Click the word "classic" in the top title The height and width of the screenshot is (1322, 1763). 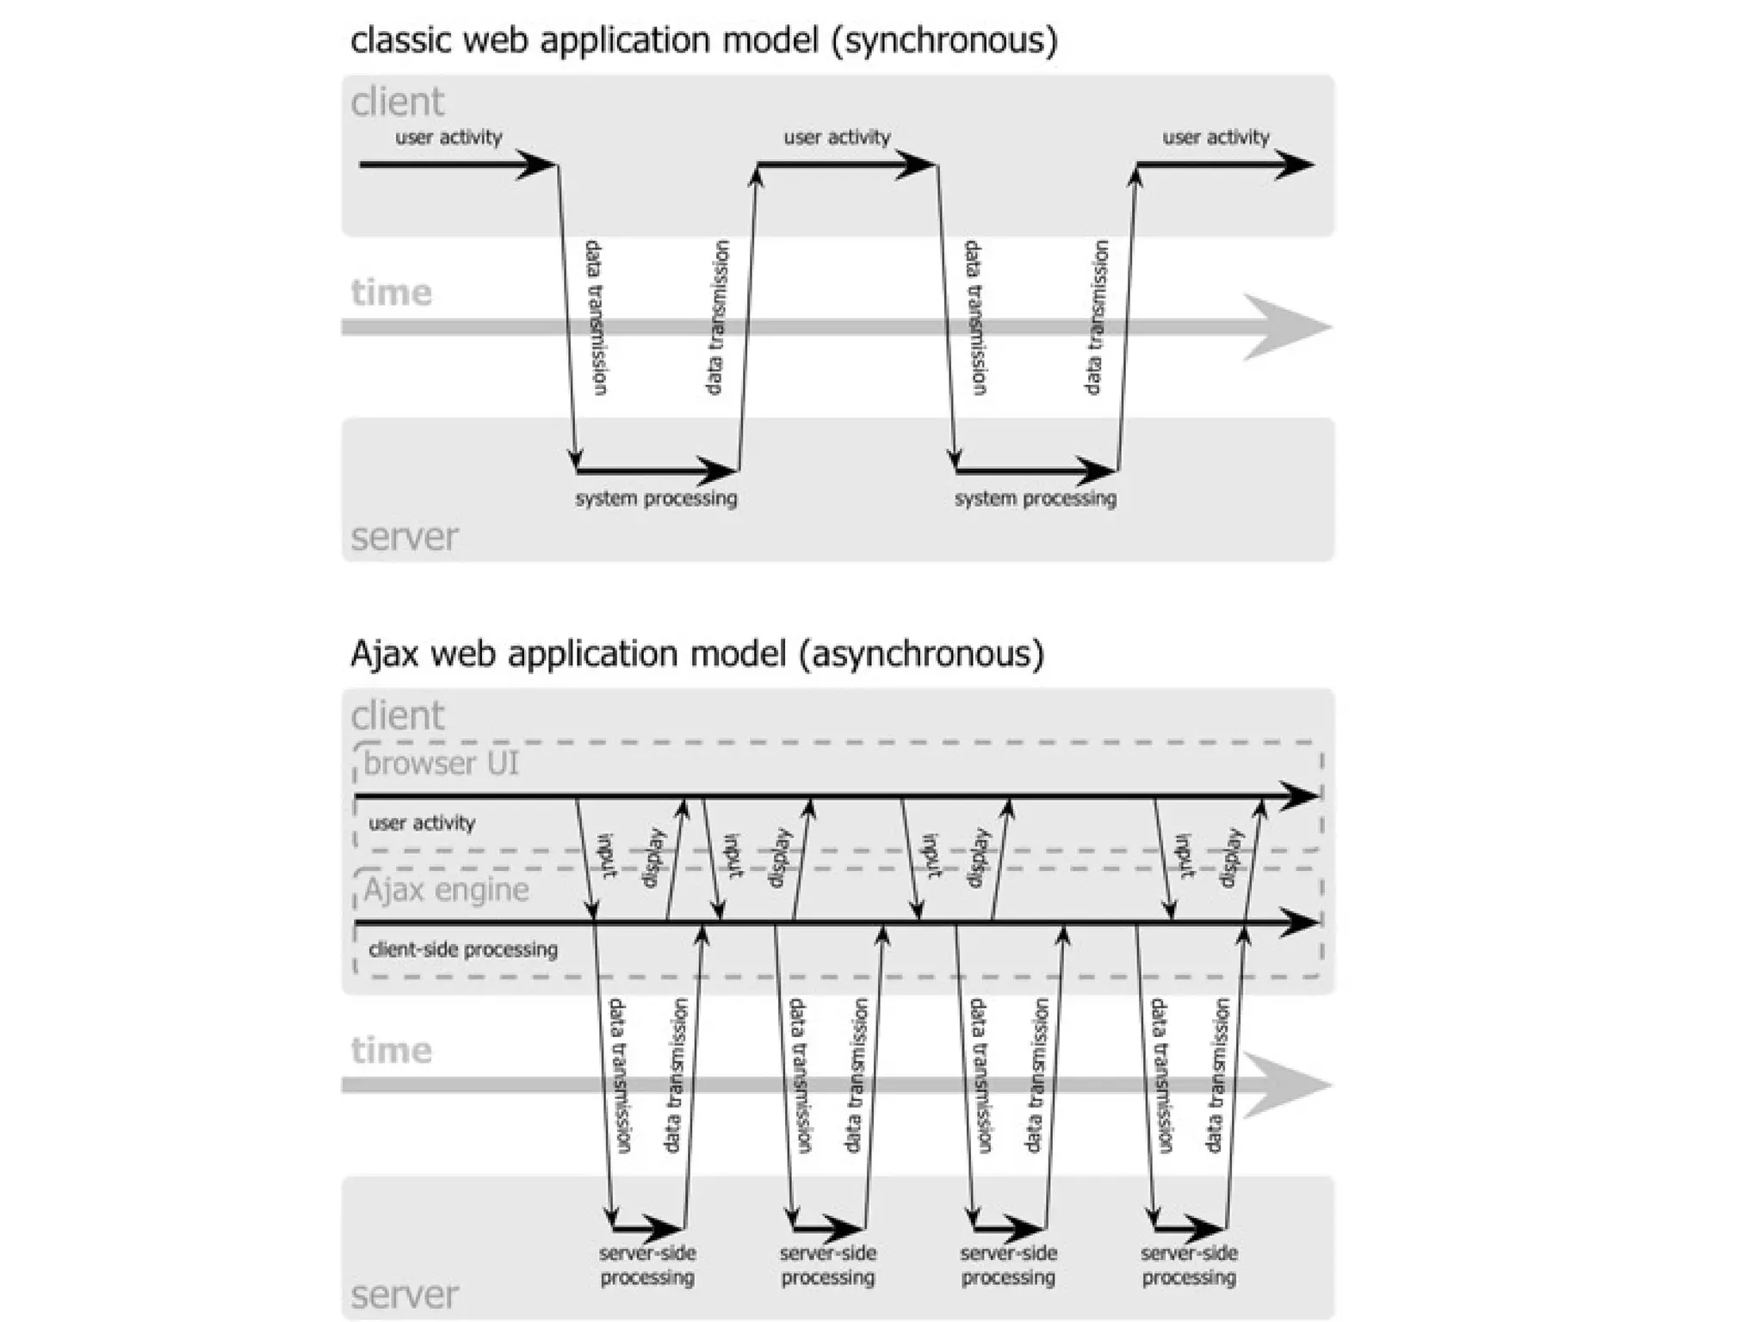click(x=400, y=41)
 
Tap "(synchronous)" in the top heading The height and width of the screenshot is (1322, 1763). click(x=944, y=41)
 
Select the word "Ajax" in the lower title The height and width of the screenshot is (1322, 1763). click(x=384, y=654)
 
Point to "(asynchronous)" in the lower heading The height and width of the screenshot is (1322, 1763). click(x=920, y=654)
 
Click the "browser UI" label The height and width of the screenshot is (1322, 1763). click(x=441, y=763)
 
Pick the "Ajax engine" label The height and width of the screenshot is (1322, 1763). click(x=446, y=890)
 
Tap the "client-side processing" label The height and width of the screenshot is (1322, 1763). click(x=463, y=949)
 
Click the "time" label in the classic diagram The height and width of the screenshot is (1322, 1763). click(x=391, y=293)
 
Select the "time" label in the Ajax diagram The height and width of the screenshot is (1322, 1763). click(x=391, y=1050)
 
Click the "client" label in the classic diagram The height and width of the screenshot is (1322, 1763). click(x=397, y=102)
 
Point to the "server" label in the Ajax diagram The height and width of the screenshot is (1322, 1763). click(x=404, y=1294)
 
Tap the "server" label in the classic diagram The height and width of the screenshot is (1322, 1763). click(x=404, y=537)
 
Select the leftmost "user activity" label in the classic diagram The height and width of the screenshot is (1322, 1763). click(x=448, y=138)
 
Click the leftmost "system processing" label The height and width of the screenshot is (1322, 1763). click(x=656, y=498)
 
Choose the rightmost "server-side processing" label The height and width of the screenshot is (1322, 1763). click(x=1189, y=1265)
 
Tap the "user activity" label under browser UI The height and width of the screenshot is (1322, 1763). click(x=422, y=824)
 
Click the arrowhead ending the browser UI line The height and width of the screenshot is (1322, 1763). click(x=1300, y=796)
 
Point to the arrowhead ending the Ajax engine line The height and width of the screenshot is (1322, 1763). click(x=1300, y=923)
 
